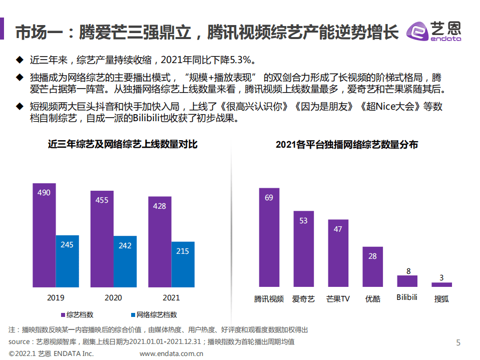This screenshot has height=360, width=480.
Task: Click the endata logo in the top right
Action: tap(434, 32)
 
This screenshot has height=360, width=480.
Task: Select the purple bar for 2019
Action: tap(44, 235)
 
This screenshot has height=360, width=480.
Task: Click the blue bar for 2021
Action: tap(183, 264)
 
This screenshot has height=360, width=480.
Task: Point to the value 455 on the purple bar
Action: tap(102, 200)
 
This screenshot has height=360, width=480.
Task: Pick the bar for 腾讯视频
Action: tap(269, 237)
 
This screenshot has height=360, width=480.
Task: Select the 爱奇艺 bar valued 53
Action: tap(303, 249)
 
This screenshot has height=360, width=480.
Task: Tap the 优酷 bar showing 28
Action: tap(372, 266)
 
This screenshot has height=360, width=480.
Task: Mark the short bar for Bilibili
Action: tap(407, 281)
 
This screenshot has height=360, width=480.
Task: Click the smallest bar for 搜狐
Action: tap(441, 284)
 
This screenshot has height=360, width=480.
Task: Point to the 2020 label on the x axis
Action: tap(113, 297)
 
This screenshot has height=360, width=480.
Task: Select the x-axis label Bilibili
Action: tap(407, 297)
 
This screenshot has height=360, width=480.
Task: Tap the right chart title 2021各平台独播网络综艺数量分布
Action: tap(347, 144)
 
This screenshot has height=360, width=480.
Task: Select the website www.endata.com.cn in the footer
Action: tap(171, 354)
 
